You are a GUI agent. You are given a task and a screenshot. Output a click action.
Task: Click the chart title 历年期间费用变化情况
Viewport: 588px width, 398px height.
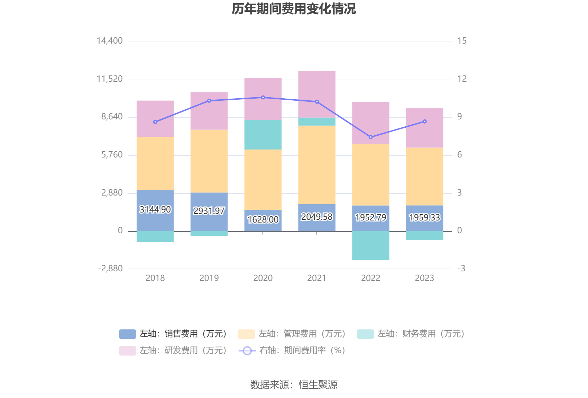click(x=294, y=9)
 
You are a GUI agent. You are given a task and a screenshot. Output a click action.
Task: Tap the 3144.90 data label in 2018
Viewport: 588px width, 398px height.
click(x=155, y=209)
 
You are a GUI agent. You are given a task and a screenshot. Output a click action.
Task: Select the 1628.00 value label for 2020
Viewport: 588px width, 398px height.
click(x=263, y=219)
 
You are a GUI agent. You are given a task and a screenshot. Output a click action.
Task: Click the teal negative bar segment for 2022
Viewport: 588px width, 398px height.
click(x=370, y=245)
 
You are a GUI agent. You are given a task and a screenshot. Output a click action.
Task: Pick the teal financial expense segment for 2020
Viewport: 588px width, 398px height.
click(x=263, y=135)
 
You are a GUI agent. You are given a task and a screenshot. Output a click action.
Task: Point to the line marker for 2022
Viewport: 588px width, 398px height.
click(x=371, y=137)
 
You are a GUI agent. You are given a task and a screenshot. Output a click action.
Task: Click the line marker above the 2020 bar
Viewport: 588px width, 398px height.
click(x=263, y=98)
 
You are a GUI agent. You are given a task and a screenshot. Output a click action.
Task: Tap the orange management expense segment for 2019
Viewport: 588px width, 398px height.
click(x=209, y=161)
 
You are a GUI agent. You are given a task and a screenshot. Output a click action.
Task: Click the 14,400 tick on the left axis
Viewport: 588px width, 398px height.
click(x=110, y=41)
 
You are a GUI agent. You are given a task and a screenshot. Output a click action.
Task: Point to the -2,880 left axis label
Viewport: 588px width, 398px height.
click(x=110, y=269)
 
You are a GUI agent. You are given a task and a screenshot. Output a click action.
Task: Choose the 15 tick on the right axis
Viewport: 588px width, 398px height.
click(x=462, y=41)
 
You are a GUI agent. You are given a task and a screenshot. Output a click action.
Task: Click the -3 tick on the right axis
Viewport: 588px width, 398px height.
click(x=461, y=269)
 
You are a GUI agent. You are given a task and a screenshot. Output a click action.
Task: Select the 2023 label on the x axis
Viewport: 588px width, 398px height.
click(x=424, y=278)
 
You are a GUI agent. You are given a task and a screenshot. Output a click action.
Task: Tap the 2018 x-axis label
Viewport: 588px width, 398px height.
click(x=155, y=278)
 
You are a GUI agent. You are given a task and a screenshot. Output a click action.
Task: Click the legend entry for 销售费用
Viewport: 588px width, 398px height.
click(x=173, y=334)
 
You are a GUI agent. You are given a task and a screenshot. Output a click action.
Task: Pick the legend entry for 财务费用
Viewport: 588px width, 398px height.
click(x=411, y=334)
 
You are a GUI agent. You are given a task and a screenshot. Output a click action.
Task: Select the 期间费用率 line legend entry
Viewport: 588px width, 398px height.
click(x=292, y=350)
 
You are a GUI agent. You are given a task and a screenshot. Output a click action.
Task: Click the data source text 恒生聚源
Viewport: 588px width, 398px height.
click(x=318, y=385)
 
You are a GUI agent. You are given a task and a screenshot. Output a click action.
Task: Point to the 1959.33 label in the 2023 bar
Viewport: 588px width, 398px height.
click(x=424, y=217)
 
